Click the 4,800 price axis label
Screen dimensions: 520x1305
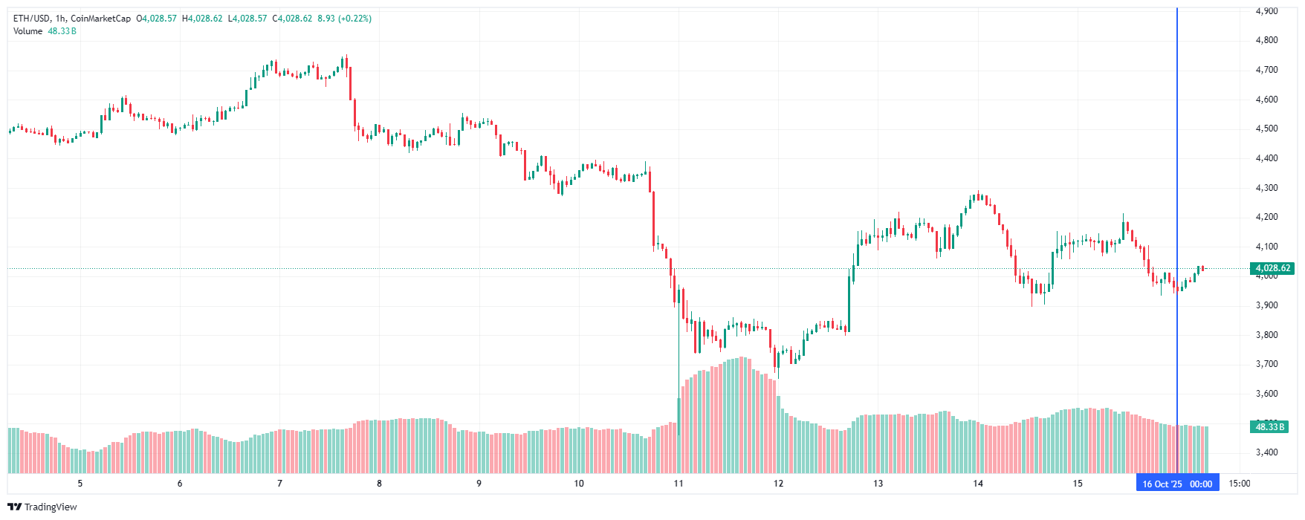tap(1266, 40)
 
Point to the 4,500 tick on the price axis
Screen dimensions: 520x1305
tap(1266, 129)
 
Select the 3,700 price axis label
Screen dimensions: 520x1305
tap(1266, 364)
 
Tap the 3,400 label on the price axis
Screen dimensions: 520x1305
tap(1266, 452)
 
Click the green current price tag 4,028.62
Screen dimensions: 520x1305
tap(1272, 268)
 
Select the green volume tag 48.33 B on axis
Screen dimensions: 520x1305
tap(1269, 427)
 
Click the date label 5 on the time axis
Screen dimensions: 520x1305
tap(80, 484)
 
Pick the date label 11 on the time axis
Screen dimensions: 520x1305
tap(679, 484)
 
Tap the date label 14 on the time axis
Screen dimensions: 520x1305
tap(978, 484)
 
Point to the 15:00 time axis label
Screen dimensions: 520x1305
tap(1240, 484)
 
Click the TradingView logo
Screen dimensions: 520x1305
tap(42, 507)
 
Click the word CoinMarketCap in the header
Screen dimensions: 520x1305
tap(100, 19)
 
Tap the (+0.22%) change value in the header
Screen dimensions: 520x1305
tap(354, 19)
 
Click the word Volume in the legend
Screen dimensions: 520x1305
tap(27, 31)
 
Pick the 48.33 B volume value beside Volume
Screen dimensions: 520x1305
tap(62, 31)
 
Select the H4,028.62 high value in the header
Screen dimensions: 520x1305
tap(202, 19)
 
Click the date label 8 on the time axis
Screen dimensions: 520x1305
tap(379, 484)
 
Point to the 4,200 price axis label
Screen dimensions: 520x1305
tap(1266, 217)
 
